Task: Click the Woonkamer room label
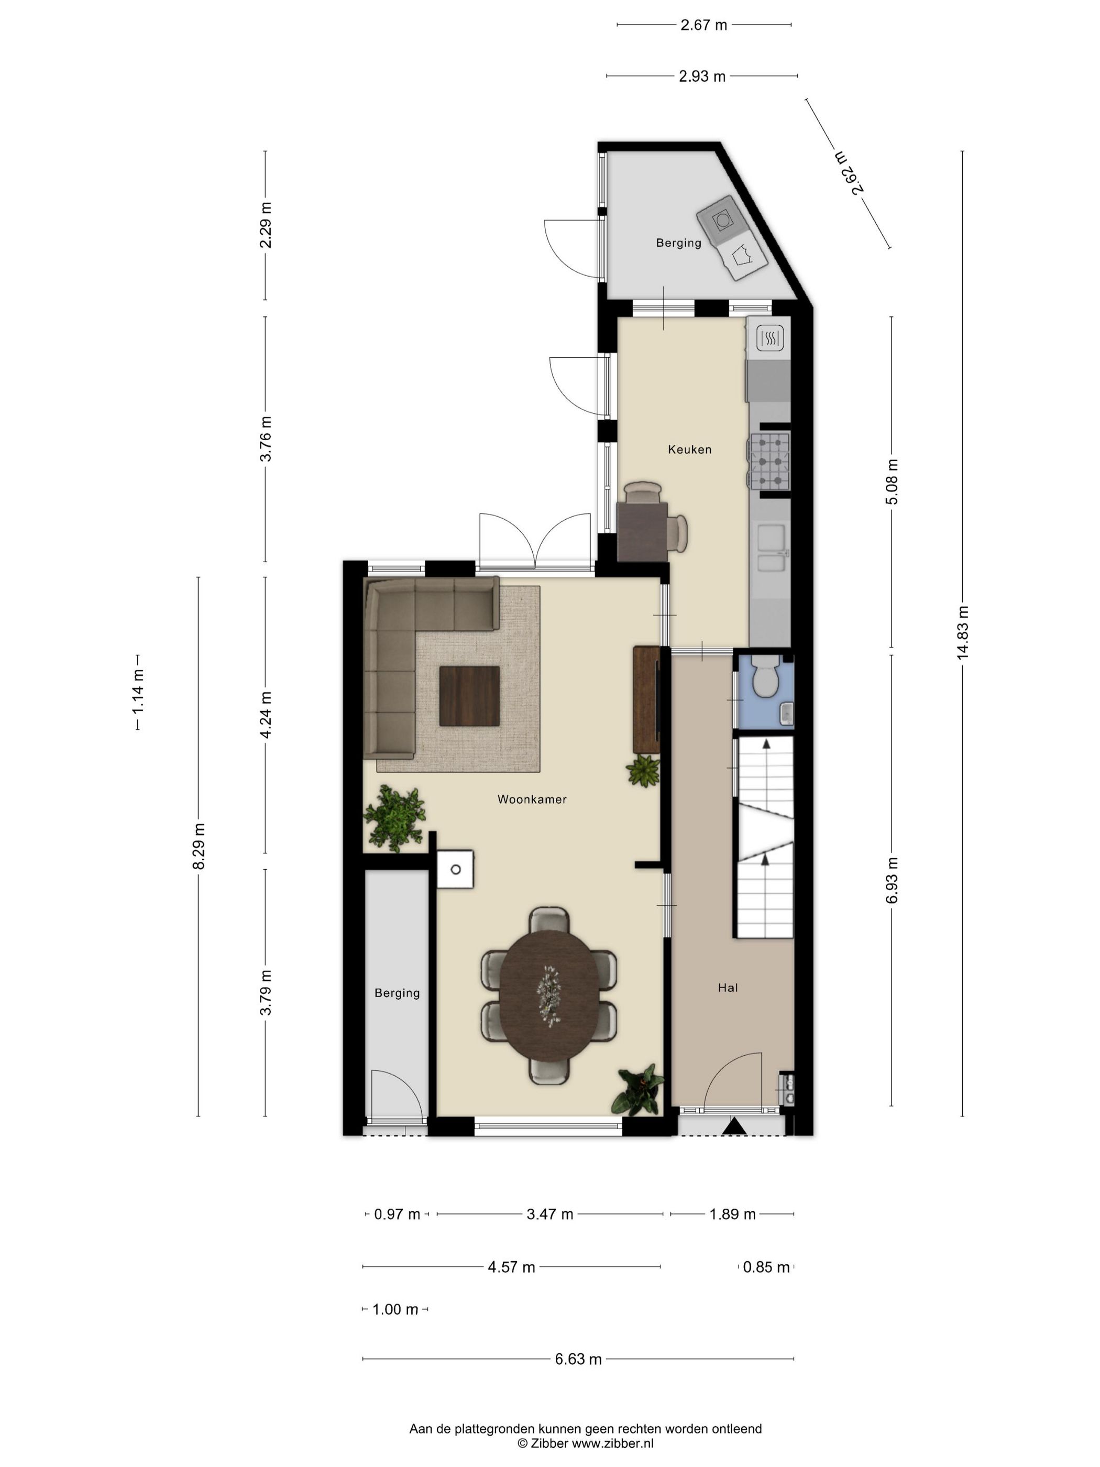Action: (x=532, y=799)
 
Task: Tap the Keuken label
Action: (x=689, y=449)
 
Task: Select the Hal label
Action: (x=728, y=988)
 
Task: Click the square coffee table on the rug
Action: (x=469, y=696)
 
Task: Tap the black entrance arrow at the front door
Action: (x=734, y=1125)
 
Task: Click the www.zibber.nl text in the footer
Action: (x=613, y=1443)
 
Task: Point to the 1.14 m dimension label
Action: (x=138, y=692)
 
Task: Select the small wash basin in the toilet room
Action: (x=787, y=714)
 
